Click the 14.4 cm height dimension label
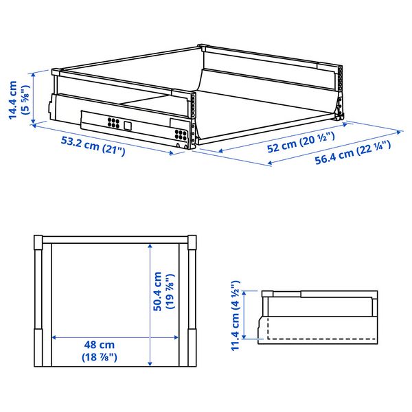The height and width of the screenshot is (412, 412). tap(13, 100)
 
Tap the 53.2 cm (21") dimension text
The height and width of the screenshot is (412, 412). tap(93, 146)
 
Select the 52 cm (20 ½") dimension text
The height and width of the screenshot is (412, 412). tap(301, 142)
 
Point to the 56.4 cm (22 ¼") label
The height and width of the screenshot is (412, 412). tap(353, 153)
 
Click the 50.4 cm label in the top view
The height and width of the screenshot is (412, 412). tap(157, 291)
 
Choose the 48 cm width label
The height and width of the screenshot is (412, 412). tap(100, 345)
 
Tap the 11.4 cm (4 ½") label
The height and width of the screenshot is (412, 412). tap(236, 315)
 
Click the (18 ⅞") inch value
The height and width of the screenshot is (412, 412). tap(100, 357)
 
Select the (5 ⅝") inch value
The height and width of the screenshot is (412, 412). tap(27, 100)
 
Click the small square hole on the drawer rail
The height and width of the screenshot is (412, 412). tap(128, 126)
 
